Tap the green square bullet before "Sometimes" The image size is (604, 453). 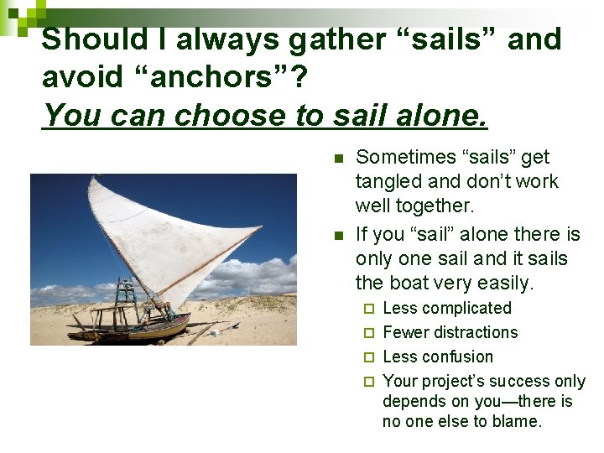[338, 158]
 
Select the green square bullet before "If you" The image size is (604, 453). [338, 235]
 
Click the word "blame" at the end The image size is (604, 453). [516, 422]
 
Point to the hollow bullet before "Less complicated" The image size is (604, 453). [368, 310]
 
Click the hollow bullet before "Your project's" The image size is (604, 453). [368, 383]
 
